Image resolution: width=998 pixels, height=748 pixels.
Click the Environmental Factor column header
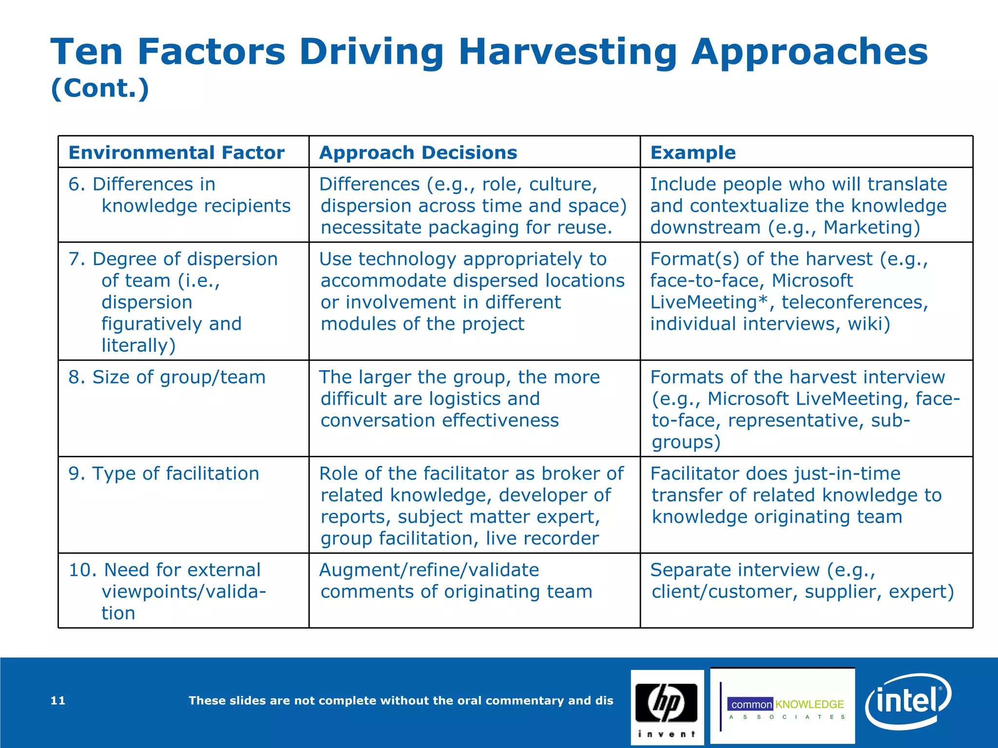click(x=176, y=153)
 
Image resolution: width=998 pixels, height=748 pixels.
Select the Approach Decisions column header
click(x=418, y=153)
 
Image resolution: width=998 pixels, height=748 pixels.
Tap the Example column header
click(x=692, y=153)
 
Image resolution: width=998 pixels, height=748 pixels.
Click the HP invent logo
click(x=667, y=707)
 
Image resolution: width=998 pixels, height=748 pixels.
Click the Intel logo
click(x=907, y=701)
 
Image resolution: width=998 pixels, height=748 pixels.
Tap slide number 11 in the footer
click(x=58, y=701)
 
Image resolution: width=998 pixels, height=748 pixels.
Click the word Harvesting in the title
click(x=568, y=52)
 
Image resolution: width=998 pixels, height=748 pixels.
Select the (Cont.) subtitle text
click(x=100, y=89)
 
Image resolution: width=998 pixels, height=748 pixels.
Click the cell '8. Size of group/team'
click(x=167, y=377)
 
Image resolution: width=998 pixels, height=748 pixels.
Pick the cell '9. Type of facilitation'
click(x=164, y=474)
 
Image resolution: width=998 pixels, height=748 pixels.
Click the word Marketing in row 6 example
click(x=871, y=228)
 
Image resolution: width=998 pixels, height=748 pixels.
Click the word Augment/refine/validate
click(x=429, y=570)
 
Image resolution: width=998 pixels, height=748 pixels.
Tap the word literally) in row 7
click(x=138, y=346)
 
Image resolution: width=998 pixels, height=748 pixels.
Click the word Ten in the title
click(x=86, y=52)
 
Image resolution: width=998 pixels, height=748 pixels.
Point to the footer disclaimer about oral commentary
click(x=401, y=701)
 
